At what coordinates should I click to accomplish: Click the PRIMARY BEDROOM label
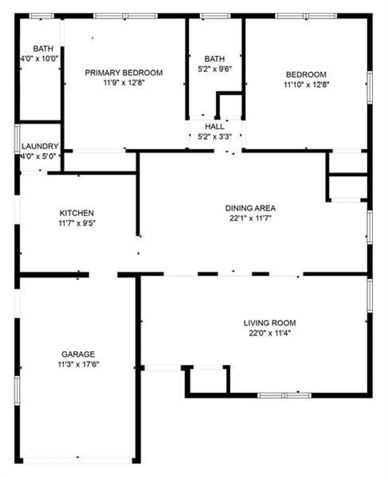coord(124,73)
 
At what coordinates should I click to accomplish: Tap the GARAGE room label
coord(78,354)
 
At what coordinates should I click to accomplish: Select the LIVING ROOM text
coord(269,323)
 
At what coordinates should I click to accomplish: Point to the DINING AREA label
coord(250,208)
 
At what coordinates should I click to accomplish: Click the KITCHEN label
coord(77,213)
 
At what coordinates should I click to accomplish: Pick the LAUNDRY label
coord(40,146)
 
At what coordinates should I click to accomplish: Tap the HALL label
coord(214,127)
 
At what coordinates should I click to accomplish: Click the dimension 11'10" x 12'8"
coord(306,85)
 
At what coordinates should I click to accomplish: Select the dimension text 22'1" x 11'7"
coord(250,218)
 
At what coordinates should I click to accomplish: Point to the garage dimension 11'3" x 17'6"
coord(78,364)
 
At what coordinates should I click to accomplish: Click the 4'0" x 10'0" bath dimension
coord(40,59)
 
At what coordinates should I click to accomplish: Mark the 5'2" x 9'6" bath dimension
coord(214,69)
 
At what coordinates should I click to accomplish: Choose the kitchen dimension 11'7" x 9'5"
coord(77,223)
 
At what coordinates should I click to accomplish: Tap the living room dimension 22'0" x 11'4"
coord(269,333)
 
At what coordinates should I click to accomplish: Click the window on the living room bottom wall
coord(284,395)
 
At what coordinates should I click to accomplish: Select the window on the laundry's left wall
coord(17,139)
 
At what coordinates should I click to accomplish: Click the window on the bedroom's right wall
coord(370,87)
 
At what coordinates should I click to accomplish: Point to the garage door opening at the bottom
coord(78,460)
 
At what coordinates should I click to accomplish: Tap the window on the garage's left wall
coord(17,390)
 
